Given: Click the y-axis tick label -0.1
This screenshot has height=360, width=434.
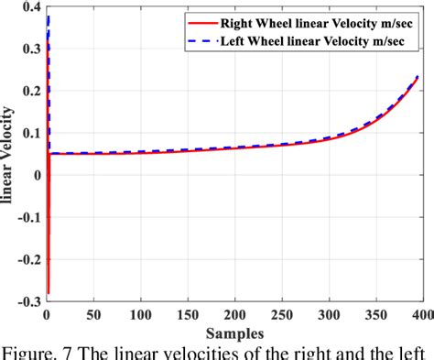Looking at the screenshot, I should coord(27,217).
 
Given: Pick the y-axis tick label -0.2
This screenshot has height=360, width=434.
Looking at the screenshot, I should coord(27,259).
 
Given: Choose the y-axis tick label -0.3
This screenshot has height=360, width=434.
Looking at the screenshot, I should coord(27,301).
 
